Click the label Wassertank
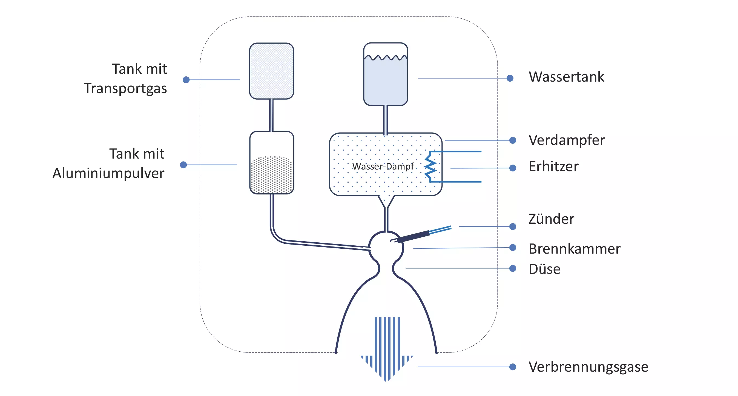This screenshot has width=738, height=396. [566, 77]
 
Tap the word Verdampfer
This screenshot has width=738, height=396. [567, 140]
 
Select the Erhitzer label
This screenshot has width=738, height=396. [553, 167]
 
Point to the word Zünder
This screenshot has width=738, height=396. [551, 219]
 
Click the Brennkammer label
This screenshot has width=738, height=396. [575, 249]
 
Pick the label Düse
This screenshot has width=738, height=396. [544, 269]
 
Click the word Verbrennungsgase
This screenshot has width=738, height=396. [588, 367]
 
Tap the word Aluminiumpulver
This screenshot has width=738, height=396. [108, 173]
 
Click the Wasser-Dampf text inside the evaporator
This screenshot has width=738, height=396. [383, 166]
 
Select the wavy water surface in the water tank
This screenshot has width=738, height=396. [385, 58]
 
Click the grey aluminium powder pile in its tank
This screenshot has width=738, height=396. [272, 174]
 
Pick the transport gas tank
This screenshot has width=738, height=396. [271, 71]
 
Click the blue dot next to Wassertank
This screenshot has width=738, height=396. [510, 78]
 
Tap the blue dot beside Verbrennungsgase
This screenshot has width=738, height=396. [513, 367]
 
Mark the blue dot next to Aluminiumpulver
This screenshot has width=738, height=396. [183, 165]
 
